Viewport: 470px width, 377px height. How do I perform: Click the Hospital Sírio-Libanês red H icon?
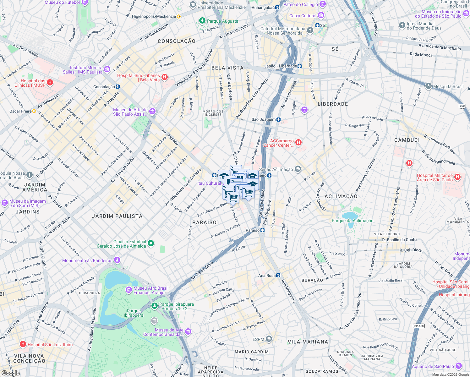(x=165, y=77)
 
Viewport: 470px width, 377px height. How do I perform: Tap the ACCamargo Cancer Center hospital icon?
(x=298, y=143)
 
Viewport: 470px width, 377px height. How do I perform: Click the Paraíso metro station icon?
(x=263, y=230)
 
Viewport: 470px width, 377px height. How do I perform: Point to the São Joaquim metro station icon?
(x=278, y=119)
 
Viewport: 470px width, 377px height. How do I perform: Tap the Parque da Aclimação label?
(x=352, y=221)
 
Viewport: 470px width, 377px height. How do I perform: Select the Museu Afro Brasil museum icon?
(x=128, y=290)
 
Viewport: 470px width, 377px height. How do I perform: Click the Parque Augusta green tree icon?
(x=202, y=21)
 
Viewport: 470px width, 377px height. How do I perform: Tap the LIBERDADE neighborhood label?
(x=333, y=104)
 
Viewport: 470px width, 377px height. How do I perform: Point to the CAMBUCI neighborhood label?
(x=407, y=140)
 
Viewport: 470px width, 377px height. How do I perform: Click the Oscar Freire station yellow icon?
(x=34, y=111)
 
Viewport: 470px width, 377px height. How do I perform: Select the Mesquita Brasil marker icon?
(x=429, y=86)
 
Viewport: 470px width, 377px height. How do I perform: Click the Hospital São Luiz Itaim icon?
(x=23, y=344)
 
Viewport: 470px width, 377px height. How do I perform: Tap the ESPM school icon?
(x=269, y=339)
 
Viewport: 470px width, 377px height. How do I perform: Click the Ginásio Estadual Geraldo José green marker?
(x=151, y=243)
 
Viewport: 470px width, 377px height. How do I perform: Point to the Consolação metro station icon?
(x=117, y=87)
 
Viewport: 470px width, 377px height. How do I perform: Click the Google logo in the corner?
(x=10, y=373)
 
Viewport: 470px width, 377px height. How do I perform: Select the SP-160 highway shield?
(x=419, y=326)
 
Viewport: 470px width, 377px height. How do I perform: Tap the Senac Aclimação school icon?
(x=298, y=169)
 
